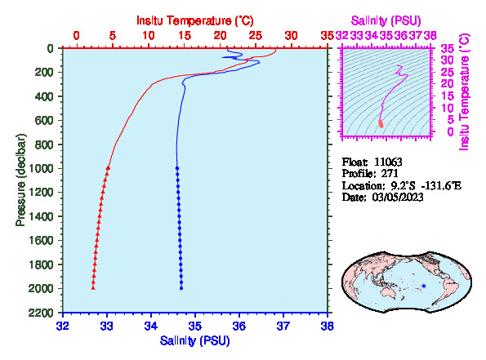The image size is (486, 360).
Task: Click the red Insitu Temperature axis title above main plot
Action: (x=195, y=20)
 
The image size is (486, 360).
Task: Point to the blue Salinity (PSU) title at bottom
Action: (x=195, y=340)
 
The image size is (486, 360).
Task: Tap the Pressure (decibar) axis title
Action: (x=20, y=180)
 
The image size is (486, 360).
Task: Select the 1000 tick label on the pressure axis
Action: (x=41, y=168)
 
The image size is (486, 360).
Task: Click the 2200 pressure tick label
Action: (x=41, y=313)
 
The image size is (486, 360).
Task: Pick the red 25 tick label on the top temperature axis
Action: (x=256, y=36)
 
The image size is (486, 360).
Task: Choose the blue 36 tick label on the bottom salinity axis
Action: (x=239, y=327)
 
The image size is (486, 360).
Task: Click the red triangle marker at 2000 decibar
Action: (x=93, y=288)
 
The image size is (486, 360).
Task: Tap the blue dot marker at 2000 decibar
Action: (x=181, y=288)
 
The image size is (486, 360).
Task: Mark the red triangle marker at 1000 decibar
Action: (x=108, y=167)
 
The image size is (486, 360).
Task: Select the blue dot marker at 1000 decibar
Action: (x=177, y=168)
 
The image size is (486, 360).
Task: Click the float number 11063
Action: (x=388, y=162)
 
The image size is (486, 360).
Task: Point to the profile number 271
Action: (x=390, y=174)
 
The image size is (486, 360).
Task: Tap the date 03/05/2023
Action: (x=398, y=198)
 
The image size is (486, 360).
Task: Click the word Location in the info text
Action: (x=362, y=186)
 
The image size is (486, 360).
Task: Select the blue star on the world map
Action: (x=424, y=286)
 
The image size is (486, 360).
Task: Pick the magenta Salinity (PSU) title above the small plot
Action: (x=386, y=20)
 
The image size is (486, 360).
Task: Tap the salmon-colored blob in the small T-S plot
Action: (x=381, y=123)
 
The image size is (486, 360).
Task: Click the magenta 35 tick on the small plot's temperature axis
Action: (x=448, y=49)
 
